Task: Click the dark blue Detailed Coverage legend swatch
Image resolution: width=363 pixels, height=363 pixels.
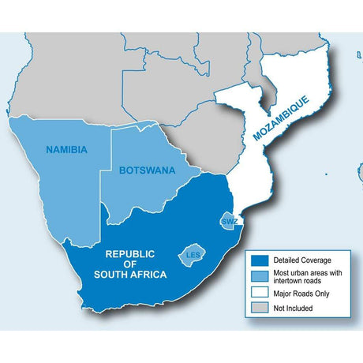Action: [x=257, y=260]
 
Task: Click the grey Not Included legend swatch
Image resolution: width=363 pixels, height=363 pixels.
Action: [x=257, y=307]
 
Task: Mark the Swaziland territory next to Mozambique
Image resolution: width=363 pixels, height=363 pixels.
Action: [x=229, y=219]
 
